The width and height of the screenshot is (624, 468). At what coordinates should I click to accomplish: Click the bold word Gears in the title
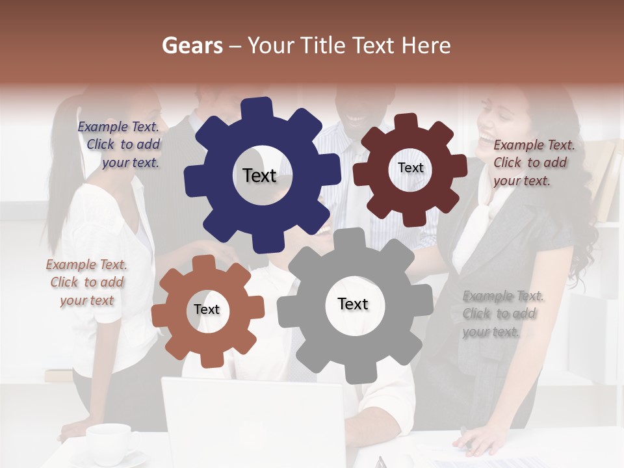point(192,45)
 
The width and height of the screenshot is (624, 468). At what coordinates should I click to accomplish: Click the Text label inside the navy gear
point(259,175)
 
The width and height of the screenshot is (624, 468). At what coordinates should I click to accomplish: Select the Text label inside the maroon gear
point(410,168)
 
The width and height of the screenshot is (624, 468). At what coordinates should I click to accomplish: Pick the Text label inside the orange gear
point(207,309)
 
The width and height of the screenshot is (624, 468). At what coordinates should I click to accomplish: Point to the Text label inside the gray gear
point(353,304)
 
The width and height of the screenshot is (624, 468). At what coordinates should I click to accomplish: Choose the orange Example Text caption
point(86,282)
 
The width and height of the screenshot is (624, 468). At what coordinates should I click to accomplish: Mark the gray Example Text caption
point(502,314)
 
